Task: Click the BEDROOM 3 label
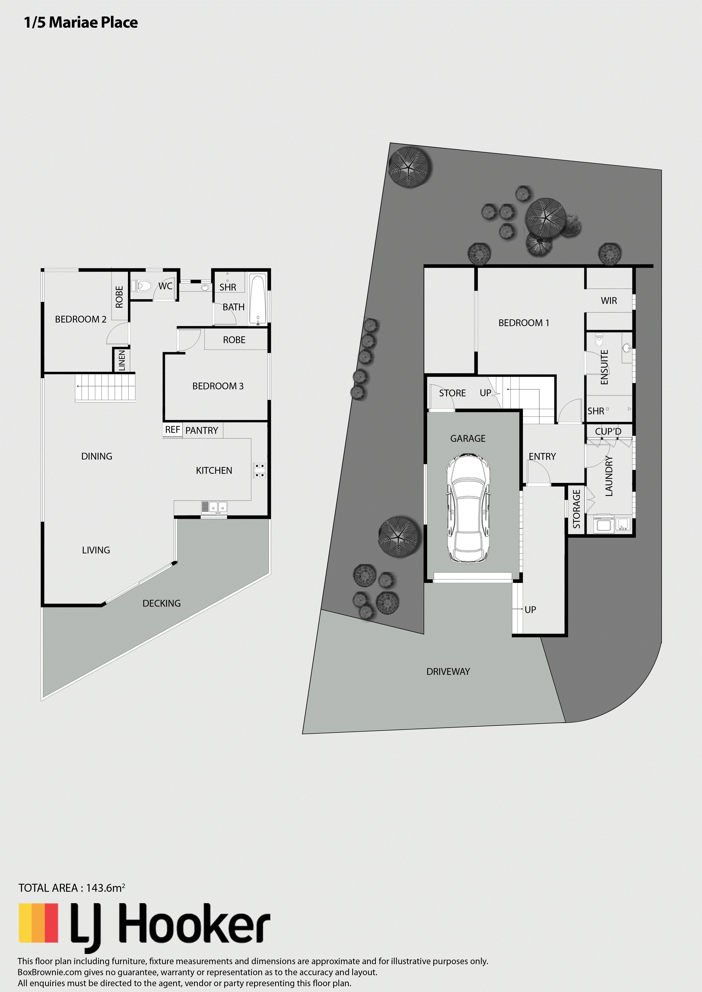(x=218, y=386)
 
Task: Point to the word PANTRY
(x=202, y=430)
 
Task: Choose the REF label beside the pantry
(x=172, y=429)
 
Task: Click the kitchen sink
(x=214, y=506)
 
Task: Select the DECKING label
(x=162, y=603)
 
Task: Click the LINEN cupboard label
(x=122, y=360)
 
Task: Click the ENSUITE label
(x=604, y=367)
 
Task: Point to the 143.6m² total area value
(x=106, y=888)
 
